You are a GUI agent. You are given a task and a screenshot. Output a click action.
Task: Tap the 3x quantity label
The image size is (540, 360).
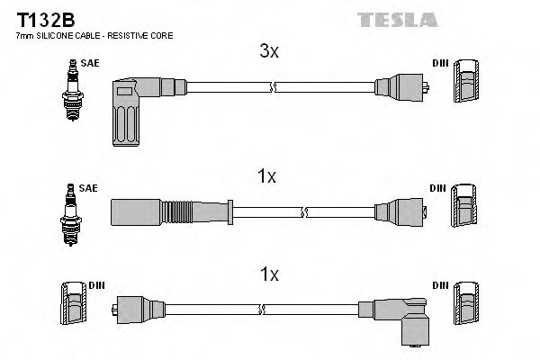tap(269, 52)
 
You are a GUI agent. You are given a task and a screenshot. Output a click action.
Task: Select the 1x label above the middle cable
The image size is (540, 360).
tap(265, 177)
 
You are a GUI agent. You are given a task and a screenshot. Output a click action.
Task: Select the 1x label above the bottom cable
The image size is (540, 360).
tap(269, 273)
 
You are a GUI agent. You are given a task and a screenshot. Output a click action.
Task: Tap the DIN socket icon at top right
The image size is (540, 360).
tap(468, 86)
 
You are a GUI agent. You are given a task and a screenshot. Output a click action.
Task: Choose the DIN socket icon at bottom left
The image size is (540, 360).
tap(71, 310)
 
